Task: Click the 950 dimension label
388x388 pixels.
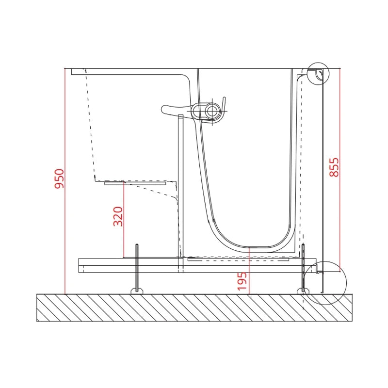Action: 59,178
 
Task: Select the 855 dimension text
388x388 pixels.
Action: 334,167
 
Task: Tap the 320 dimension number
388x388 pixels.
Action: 118,216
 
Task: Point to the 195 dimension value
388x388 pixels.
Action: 242,281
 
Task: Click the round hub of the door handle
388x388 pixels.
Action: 212,111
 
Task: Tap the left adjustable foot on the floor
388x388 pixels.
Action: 137,291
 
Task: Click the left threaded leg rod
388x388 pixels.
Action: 137,266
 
